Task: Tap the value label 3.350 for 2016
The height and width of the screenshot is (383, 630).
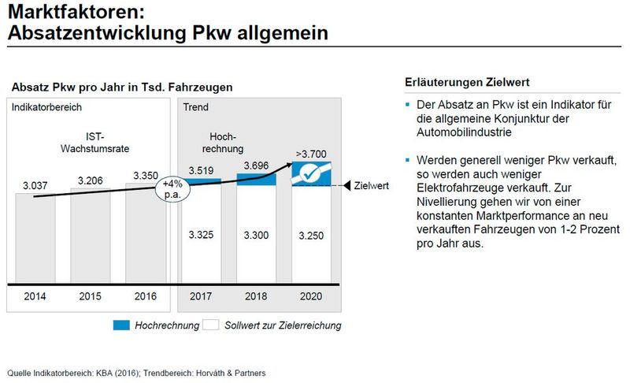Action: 147,175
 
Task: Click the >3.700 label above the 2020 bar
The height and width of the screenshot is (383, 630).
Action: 312,152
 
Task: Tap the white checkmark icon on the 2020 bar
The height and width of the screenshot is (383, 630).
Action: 311,173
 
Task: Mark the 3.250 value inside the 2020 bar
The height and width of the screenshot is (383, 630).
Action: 312,235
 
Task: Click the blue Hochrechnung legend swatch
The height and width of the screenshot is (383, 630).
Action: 123,324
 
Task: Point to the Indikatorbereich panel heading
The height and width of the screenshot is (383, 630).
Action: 46,106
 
